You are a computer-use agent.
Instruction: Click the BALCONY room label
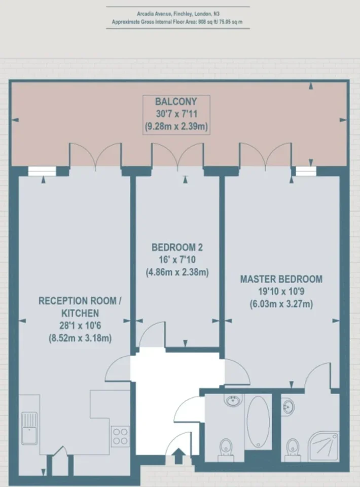pyautogui.click(x=176, y=101)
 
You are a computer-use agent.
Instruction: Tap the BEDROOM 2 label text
pyautogui.click(x=177, y=247)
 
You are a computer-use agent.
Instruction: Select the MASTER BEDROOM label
pyautogui.click(x=281, y=279)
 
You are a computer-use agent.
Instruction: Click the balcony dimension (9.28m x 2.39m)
pyautogui.click(x=176, y=126)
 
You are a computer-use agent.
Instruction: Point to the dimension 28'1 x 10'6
pyautogui.click(x=80, y=326)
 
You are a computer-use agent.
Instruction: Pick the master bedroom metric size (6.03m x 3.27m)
pyautogui.click(x=281, y=304)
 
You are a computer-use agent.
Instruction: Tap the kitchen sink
pyautogui.click(x=29, y=429)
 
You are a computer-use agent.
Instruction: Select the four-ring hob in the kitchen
pyautogui.click(x=120, y=436)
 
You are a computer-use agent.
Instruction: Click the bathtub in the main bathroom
pyautogui.click(x=258, y=422)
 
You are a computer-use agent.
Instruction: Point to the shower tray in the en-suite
pyautogui.click(x=323, y=446)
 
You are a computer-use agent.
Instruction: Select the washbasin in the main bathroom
pyautogui.click(x=232, y=400)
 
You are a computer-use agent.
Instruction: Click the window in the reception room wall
pyautogui.click(x=42, y=171)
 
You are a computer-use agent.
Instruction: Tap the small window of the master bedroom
pyautogui.click(x=306, y=171)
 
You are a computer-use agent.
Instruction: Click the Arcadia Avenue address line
pyautogui.click(x=178, y=14)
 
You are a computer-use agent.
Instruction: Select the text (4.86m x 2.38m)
pyautogui.click(x=177, y=272)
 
